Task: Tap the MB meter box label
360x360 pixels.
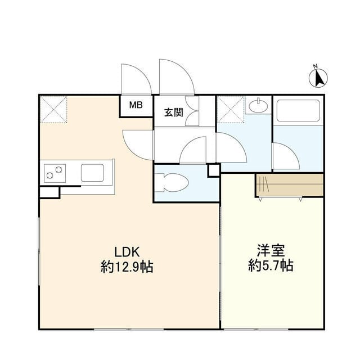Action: pos(136,105)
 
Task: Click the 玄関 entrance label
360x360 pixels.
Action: pos(173,112)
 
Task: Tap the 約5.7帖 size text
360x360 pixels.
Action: pos(271,266)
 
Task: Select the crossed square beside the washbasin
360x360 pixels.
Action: pos(229,109)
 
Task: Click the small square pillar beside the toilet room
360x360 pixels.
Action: pos(214,169)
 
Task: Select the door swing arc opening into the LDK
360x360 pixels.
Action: pos(138,143)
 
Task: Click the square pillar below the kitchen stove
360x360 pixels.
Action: pos(49,192)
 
